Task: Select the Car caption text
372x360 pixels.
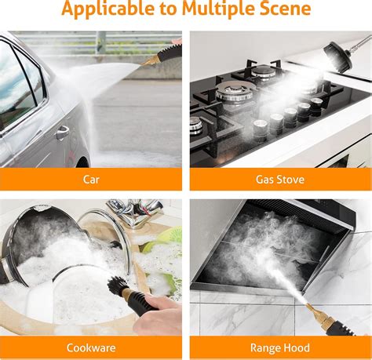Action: click(x=91, y=180)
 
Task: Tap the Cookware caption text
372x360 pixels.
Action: click(x=91, y=348)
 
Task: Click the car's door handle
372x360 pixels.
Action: click(x=62, y=133)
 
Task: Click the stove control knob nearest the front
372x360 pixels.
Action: click(x=260, y=130)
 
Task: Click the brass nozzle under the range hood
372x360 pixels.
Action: click(x=319, y=318)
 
